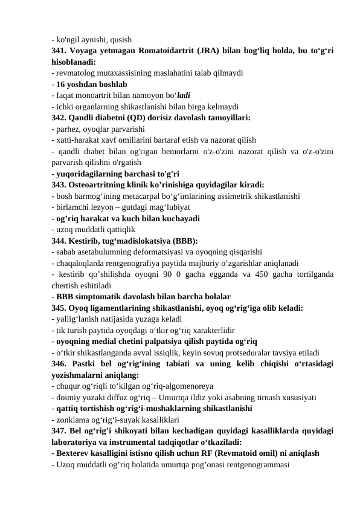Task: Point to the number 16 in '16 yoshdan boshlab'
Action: pos(61,83)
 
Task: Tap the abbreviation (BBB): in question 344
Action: pos(178,241)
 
